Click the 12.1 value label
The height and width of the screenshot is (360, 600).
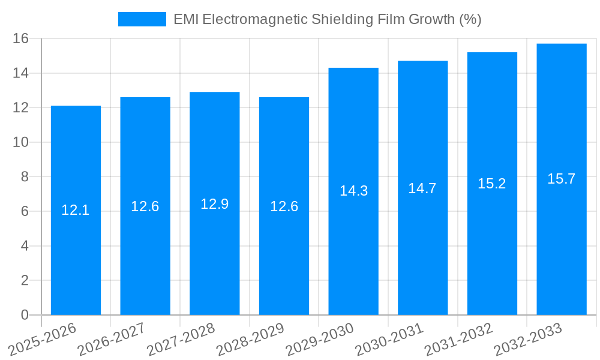[x=76, y=210]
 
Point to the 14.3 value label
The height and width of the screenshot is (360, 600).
[x=353, y=191]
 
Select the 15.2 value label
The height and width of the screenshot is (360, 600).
[x=492, y=184]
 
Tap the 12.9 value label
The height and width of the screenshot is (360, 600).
[x=215, y=204]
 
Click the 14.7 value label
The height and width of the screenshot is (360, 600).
[x=422, y=188]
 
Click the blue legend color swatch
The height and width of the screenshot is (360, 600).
[x=142, y=19]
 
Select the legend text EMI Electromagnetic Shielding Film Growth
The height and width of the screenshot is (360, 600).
[x=327, y=19]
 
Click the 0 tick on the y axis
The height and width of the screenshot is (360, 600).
[x=25, y=315]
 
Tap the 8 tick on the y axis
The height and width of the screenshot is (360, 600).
[x=25, y=177]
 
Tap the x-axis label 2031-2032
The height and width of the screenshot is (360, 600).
[x=459, y=339]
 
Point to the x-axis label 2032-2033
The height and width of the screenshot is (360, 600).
[x=529, y=339]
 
